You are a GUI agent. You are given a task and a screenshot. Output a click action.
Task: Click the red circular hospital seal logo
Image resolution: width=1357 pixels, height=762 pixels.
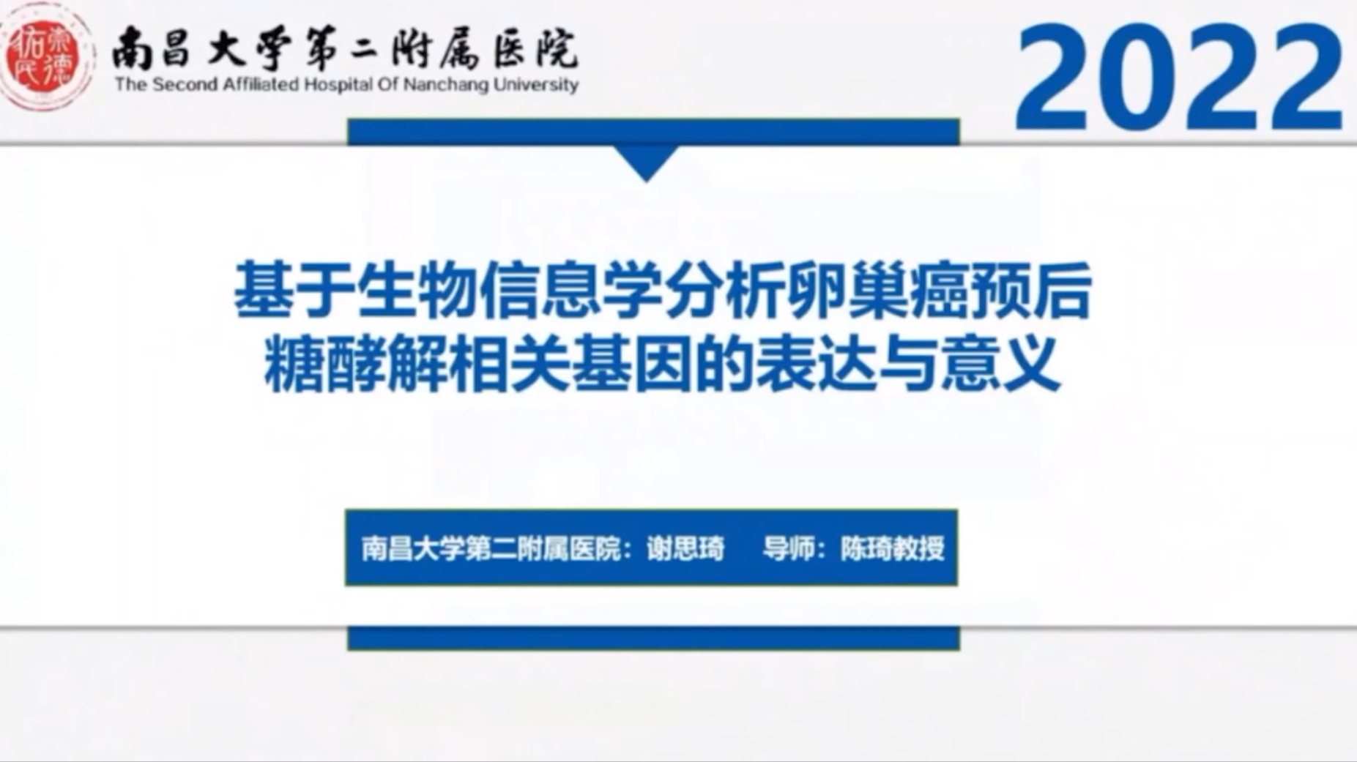pos(45,57)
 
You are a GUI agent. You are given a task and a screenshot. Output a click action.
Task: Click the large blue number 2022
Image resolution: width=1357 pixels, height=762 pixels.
pos(1179,77)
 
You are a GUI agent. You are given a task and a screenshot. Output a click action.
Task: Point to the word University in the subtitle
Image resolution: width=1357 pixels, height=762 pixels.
pos(535,85)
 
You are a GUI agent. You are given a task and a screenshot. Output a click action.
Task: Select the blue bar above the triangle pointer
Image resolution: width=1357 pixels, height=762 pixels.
pos(653,132)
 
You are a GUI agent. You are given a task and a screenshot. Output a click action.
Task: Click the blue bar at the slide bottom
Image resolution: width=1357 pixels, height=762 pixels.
pos(653,638)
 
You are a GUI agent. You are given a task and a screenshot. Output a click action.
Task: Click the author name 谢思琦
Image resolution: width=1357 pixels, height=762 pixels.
pos(685,548)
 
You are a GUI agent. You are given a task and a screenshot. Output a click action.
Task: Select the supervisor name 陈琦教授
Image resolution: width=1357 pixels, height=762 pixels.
pos(892,548)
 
